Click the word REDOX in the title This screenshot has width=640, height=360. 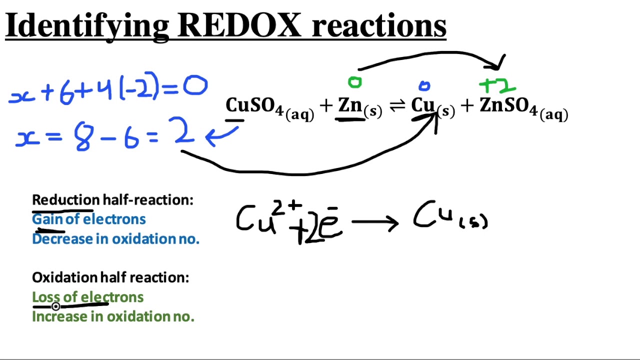click(239, 24)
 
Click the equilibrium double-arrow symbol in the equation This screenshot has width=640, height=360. click(397, 106)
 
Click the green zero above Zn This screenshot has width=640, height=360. click(354, 82)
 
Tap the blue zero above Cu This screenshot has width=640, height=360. click(424, 86)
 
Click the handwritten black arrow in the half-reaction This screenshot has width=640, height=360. click(375, 222)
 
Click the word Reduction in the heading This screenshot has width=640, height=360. click(65, 200)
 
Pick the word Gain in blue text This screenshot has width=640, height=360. click(47, 219)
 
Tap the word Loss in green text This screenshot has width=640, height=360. click(45, 297)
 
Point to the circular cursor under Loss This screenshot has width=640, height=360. click(55, 306)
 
